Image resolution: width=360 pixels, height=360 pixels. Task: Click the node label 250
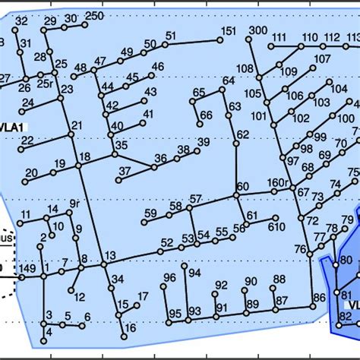[94, 16]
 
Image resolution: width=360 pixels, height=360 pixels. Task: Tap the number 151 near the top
[228, 31]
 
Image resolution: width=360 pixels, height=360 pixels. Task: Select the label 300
[257, 30]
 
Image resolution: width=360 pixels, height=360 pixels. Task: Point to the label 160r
[279, 183]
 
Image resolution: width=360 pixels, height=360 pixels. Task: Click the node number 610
[276, 226]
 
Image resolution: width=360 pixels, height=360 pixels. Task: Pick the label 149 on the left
[28, 267]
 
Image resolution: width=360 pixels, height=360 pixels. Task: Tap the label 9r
[74, 204]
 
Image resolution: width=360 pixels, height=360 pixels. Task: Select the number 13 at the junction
[111, 255]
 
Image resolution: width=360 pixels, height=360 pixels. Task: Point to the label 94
[195, 273]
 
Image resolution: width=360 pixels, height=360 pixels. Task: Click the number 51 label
[170, 36]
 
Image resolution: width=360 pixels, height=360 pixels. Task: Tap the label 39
[203, 142]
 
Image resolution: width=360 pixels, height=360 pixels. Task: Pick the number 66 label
[206, 115]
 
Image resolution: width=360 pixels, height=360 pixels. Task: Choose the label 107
[323, 58]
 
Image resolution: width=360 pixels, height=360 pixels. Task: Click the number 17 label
[143, 296]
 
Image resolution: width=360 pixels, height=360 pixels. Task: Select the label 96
[169, 277]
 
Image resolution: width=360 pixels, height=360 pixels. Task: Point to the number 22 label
[27, 140]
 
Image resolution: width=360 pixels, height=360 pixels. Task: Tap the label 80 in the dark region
[346, 261]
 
